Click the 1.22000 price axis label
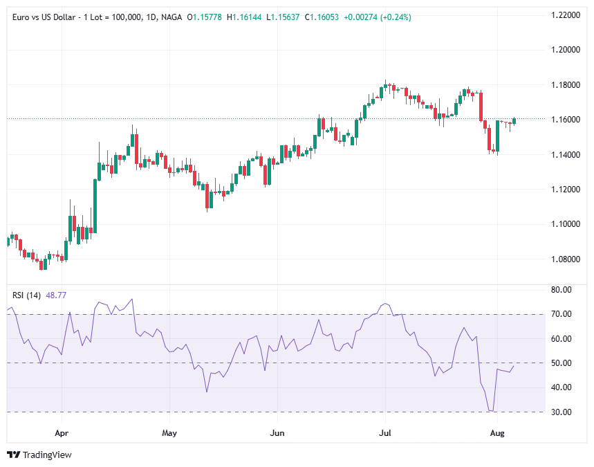565,15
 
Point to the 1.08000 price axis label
565,259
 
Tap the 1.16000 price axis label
565,120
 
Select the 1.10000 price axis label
565,224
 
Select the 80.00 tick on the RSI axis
561,290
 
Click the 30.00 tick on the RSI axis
561,412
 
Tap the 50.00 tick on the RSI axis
561,363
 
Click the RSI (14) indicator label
27,295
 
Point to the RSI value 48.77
56,295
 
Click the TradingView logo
39,455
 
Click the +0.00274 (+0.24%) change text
382,17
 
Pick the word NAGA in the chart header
172,17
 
